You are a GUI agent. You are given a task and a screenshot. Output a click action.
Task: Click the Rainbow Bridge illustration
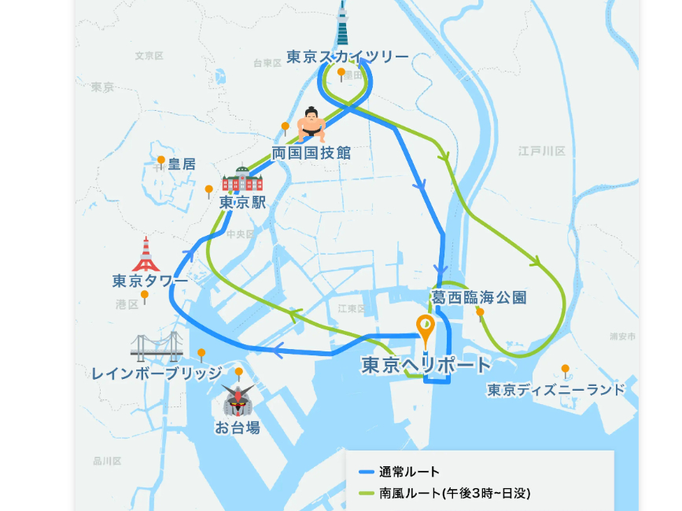pos(157,347)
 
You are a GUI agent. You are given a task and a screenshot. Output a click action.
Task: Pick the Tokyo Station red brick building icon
pos(241,181)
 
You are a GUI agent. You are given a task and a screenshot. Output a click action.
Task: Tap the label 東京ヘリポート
pos(426,365)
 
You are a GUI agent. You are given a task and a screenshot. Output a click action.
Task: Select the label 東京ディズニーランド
pos(555,390)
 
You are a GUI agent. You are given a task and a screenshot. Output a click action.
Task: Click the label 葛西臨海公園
pos(478,297)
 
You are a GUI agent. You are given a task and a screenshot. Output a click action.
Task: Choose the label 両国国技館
pos(311,153)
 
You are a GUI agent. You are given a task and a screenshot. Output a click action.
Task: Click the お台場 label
pos(237,428)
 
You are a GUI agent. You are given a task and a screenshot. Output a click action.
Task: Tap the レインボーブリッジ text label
pos(157,373)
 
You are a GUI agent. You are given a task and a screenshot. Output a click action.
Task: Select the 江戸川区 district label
pos(542,150)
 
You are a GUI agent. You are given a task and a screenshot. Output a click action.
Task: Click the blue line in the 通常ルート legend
pos(367,472)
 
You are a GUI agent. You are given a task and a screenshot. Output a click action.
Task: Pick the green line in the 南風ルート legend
pos(367,494)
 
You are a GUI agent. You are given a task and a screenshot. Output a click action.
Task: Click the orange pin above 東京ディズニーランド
pos(565,369)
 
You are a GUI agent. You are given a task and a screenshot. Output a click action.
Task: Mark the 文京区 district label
pos(149,56)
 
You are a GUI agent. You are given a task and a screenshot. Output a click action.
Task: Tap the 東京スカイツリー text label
pos(347,57)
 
